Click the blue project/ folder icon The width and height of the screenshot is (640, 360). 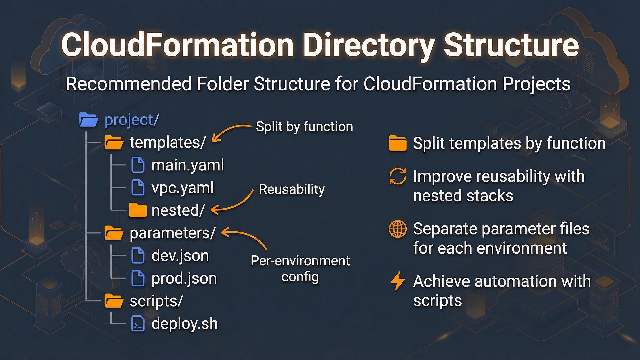(88, 120)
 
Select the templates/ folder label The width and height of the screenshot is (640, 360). (167, 143)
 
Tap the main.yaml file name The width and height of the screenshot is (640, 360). (188, 165)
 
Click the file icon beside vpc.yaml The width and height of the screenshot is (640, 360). (138, 188)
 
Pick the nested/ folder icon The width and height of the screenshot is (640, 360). (138, 210)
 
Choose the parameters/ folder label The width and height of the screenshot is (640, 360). (173, 233)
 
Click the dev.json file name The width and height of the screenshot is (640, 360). (180, 256)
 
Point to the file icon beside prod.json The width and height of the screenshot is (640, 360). (138, 278)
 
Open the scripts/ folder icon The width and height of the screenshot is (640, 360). (114, 301)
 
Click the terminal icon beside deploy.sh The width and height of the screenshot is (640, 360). (138, 324)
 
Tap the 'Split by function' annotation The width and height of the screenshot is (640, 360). (304, 127)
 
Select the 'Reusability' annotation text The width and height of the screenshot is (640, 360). (292, 189)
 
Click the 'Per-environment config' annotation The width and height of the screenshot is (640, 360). (300, 269)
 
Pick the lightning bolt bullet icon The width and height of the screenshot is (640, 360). (398, 281)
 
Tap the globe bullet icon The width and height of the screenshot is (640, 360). (398, 229)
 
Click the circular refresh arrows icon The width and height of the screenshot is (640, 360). (398, 176)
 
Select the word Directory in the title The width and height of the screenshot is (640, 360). (369, 45)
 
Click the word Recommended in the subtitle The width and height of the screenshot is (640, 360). (129, 84)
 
